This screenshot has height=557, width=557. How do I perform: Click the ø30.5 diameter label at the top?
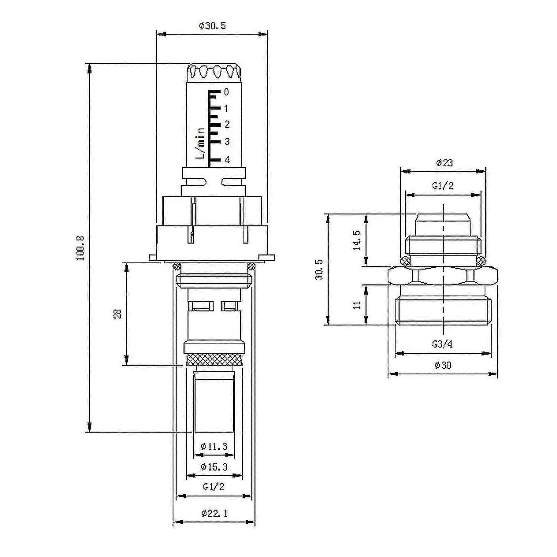pos(212,26)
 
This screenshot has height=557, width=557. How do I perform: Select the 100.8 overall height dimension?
pos(81,248)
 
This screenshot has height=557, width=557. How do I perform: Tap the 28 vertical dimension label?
pos(118,314)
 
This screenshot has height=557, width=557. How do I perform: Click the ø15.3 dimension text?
pos(214,467)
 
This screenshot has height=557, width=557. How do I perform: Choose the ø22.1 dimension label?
pos(214,514)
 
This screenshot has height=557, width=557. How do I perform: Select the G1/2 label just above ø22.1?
pos(214,486)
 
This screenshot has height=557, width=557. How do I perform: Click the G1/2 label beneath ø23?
pos(443,186)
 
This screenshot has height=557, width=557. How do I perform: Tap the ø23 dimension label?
pos(444,163)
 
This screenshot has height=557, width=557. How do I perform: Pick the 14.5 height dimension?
pos(357,240)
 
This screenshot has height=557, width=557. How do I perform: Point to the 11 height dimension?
pos(357,305)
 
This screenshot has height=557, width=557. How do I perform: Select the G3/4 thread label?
pos(442,344)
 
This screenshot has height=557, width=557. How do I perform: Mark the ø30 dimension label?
pos(443,365)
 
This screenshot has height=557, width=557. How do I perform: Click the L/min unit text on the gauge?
pos(201,143)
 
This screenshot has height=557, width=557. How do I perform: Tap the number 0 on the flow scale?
pos(226,92)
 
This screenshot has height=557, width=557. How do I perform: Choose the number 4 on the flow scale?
pos(227,160)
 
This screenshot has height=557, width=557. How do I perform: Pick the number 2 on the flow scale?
pos(227,124)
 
